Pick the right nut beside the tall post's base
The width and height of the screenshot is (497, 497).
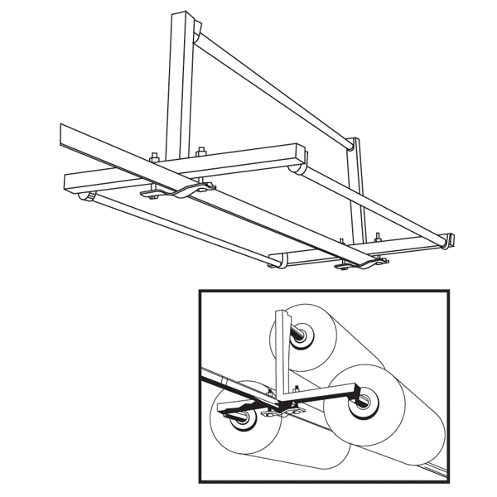(200, 152)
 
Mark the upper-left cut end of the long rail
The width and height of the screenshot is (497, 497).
(65, 133)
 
